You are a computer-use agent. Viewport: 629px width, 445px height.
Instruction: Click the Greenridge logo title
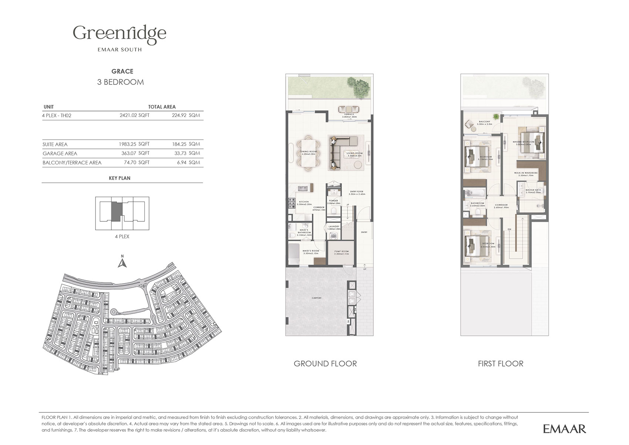coord(120,34)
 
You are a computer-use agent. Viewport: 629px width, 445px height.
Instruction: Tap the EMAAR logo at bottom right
coord(564,429)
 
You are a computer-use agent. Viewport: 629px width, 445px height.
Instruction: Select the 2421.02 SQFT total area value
coord(134,115)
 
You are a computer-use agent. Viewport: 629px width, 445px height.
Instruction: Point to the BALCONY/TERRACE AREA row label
coord(72,163)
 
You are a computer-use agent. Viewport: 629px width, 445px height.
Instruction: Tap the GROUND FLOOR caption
coord(325,364)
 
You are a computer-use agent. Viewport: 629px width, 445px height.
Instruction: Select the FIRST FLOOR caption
coord(500,364)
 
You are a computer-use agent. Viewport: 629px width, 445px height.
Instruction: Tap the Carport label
coord(316,298)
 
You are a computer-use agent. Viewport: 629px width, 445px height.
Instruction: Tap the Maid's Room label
coord(310,252)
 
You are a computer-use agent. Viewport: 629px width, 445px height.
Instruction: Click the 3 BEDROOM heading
coord(120,82)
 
